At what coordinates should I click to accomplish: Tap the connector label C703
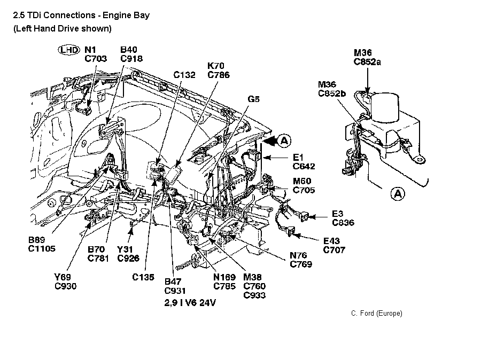pos(96,59)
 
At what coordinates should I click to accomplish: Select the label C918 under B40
pos(131,59)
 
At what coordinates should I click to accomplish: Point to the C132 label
pos(184,75)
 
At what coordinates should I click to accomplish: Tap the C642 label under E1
pos(304,166)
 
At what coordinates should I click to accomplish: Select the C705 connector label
pos(304,190)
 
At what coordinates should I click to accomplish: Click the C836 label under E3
pos(343,222)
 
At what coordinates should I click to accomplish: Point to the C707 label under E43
pos(334,249)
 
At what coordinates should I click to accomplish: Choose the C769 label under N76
pos(301,264)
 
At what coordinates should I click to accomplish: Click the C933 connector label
pos(254,295)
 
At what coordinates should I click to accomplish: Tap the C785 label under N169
pos(225,286)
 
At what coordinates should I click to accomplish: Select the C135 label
pos(143,277)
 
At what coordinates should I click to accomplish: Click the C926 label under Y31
pos(128,259)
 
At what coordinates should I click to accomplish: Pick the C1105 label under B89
pos(42,248)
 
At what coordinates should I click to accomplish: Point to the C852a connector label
pos(367,61)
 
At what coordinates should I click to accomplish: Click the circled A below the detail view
pos(398,193)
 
